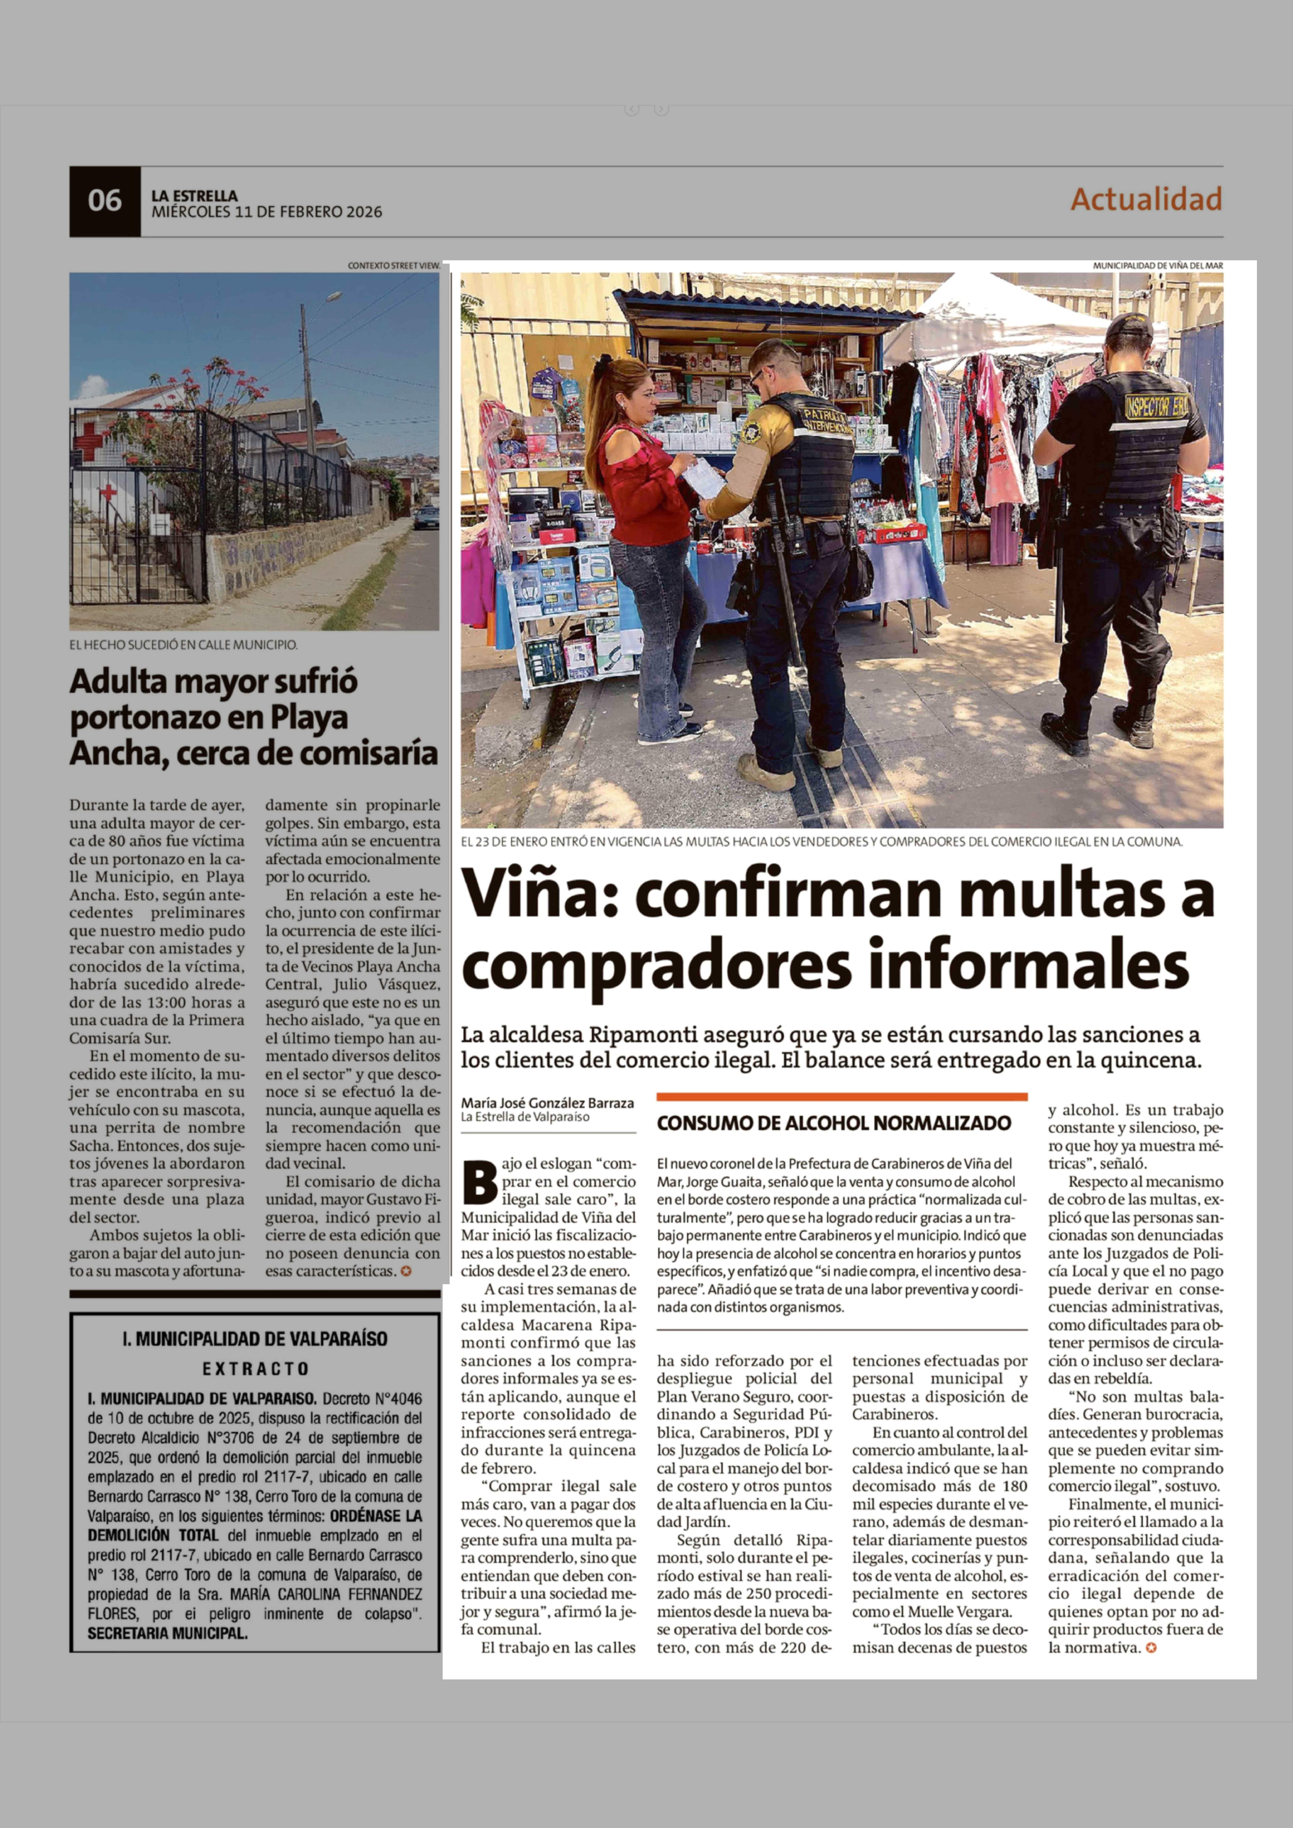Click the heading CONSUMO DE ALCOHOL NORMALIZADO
[x=834, y=1123]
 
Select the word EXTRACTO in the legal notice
[x=255, y=1369]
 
